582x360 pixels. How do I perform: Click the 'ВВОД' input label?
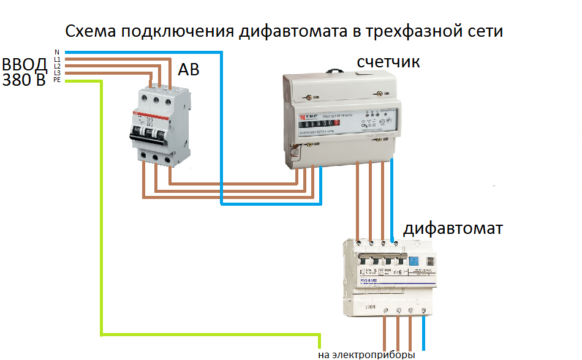pyautogui.click(x=24, y=65)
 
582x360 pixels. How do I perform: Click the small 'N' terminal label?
pyautogui.click(x=57, y=52)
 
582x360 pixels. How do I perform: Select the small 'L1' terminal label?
pyautogui.click(x=57, y=59)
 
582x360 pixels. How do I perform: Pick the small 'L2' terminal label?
pyautogui.click(x=57, y=66)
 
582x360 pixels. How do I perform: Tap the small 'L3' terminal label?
pyautogui.click(x=57, y=73)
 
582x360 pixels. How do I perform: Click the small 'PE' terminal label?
pyautogui.click(x=57, y=80)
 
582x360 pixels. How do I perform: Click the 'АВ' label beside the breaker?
pyautogui.click(x=189, y=70)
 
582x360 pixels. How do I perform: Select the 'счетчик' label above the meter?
pyautogui.click(x=388, y=62)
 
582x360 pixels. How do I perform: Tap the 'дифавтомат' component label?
pyautogui.click(x=453, y=229)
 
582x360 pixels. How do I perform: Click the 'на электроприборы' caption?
pyautogui.click(x=366, y=354)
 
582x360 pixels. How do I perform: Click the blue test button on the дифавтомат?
pyautogui.click(x=414, y=261)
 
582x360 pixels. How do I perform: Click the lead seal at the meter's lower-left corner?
pyautogui.click(x=297, y=148)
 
